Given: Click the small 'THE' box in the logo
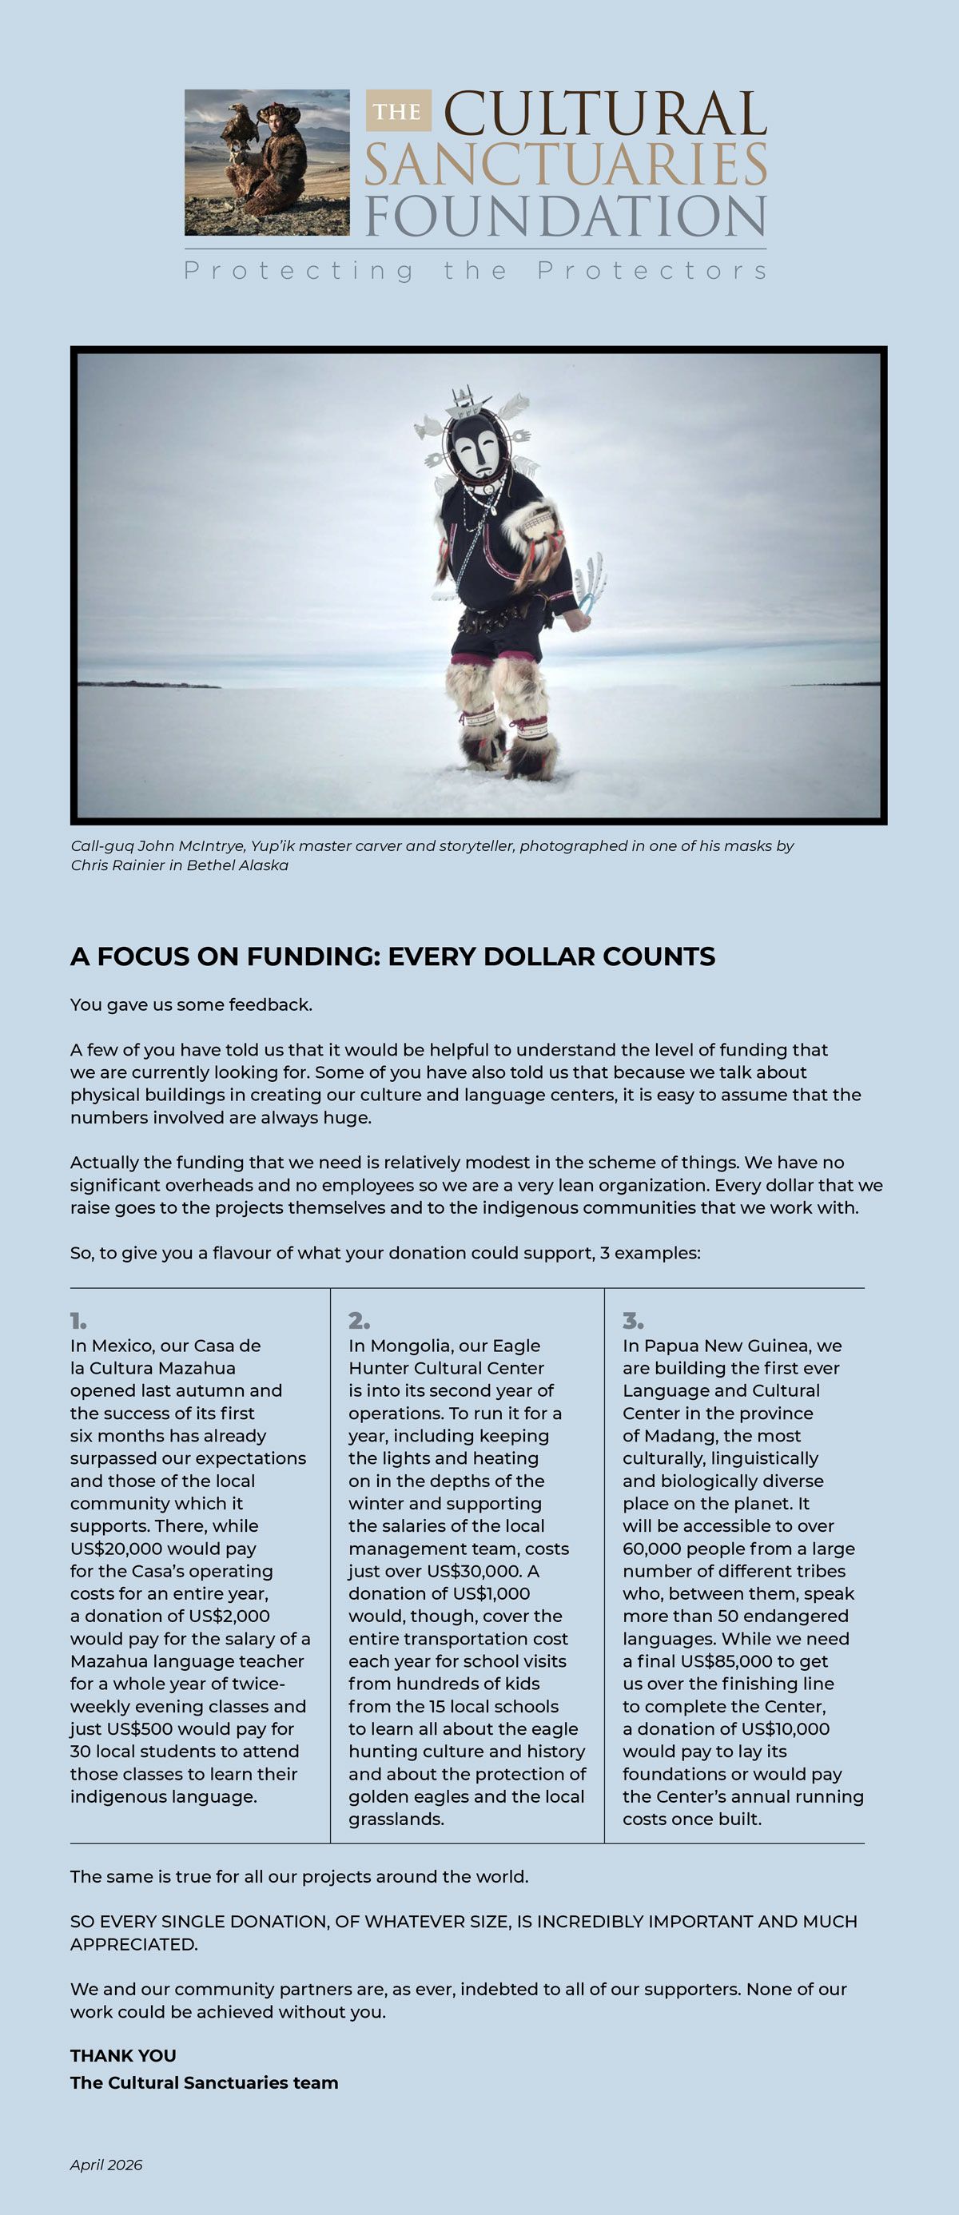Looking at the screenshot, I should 398,111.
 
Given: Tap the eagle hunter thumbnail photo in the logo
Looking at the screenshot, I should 267,162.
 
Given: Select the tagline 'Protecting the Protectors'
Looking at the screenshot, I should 476,271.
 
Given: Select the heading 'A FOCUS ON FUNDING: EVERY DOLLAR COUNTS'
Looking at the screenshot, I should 392,956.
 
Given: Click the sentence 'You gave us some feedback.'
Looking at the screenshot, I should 191,1004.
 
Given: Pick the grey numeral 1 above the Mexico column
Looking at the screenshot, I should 78,1321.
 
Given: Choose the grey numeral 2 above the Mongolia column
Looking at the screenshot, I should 359,1321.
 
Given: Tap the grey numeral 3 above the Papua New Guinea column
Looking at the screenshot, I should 633,1321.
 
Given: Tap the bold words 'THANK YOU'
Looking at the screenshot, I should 123,2056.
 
